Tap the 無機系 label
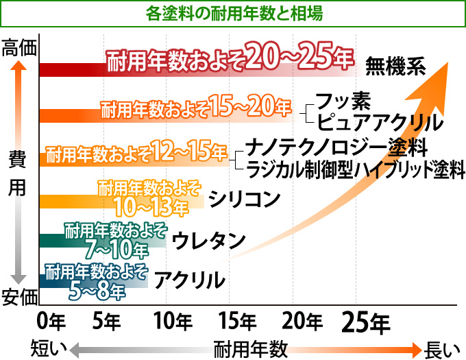(396, 66)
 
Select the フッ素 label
(343, 102)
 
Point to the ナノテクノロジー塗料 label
(336, 146)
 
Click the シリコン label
(245, 199)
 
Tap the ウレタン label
(208, 241)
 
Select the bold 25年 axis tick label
(366, 320)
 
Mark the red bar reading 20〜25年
(199, 66)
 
